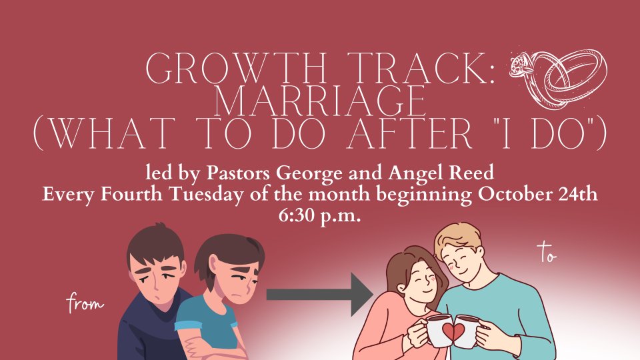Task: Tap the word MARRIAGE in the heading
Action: click(320, 101)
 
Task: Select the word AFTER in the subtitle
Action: click(410, 133)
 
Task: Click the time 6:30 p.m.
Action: click(319, 215)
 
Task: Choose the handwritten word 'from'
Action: click(85, 303)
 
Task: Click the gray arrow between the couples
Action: click(320, 295)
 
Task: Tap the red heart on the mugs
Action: click(453, 331)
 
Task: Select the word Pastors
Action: click(238, 173)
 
